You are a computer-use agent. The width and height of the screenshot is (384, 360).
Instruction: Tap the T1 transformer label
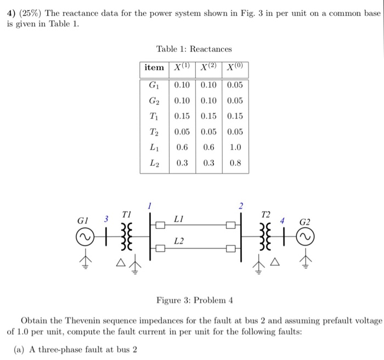pos(126,214)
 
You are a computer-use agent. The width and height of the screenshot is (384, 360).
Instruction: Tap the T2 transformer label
pos(266,214)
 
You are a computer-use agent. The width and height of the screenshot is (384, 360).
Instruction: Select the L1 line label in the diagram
pos(178,219)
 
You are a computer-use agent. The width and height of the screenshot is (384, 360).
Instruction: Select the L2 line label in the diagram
pos(179,241)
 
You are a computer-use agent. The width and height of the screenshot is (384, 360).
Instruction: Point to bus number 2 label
pos(240,206)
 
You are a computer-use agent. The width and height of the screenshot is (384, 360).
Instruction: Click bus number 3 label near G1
pos(107,219)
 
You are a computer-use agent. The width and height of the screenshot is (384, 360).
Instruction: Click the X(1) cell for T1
pos(182,116)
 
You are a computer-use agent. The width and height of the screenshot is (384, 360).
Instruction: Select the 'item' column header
pos(154,67)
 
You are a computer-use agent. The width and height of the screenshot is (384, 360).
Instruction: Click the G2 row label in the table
pos(154,100)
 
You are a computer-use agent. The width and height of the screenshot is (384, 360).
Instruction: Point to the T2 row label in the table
pos(154,132)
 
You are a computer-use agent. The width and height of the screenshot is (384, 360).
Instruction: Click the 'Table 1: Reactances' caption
pos(194,49)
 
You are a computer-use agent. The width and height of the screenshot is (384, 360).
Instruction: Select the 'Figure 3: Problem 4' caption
pos(195,300)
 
